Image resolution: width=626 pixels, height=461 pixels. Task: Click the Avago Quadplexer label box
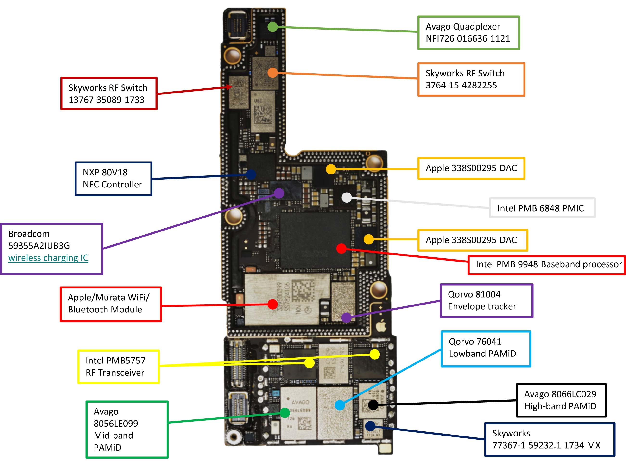click(468, 33)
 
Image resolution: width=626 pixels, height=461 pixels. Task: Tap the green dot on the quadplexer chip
click(272, 27)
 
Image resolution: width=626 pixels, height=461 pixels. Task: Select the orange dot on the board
click(272, 73)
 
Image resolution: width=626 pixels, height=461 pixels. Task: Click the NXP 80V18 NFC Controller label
click(113, 179)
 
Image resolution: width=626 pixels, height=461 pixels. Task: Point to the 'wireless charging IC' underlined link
click(48, 258)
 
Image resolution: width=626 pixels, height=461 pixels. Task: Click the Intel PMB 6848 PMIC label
click(542, 208)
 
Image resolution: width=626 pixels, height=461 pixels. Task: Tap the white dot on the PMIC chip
click(347, 198)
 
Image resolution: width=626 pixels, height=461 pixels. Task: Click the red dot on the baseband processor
click(341, 248)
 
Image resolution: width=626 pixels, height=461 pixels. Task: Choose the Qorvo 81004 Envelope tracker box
click(486, 300)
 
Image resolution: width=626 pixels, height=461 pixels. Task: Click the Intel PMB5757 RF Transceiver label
click(118, 366)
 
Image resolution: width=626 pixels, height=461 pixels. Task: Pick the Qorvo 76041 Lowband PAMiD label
click(486, 349)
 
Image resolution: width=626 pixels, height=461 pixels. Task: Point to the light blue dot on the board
click(340, 405)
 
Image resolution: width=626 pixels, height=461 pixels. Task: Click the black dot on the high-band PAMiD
click(373, 405)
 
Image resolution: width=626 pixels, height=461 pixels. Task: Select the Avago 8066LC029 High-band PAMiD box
click(561, 400)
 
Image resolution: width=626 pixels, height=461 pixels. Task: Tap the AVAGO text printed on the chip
click(300, 402)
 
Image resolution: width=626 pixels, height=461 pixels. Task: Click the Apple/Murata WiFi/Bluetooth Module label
click(111, 304)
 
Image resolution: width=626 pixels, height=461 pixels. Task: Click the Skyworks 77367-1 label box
click(549, 439)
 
